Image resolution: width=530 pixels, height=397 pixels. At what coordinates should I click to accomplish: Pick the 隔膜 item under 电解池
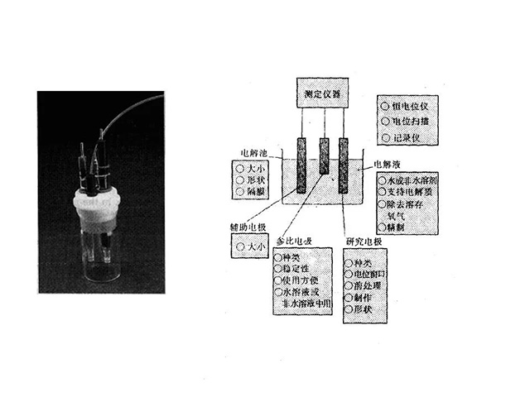point(253,192)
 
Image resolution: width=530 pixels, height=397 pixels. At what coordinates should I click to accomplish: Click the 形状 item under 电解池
point(253,179)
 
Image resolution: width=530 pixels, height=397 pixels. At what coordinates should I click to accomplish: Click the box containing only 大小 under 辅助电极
point(252,246)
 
